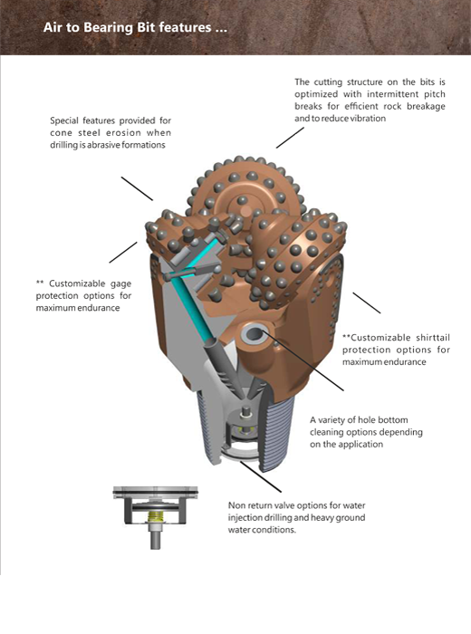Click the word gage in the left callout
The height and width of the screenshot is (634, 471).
(x=120, y=284)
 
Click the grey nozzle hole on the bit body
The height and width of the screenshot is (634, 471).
(x=254, y=335)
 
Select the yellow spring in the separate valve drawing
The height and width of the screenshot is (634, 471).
(x=155, y=517)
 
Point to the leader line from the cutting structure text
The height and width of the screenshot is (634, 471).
(x=290, y=138)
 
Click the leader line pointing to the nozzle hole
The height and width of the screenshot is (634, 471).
(x=303, y=360)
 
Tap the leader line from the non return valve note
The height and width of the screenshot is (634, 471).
(x=260, y=476)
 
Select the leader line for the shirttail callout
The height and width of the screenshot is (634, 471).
(x=367, y=303)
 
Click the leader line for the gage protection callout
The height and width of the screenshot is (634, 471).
(x=123, y=253)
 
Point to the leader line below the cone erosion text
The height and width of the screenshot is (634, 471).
(x=137, y=188)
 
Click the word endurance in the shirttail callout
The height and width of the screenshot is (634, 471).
(x=405, y=362)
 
